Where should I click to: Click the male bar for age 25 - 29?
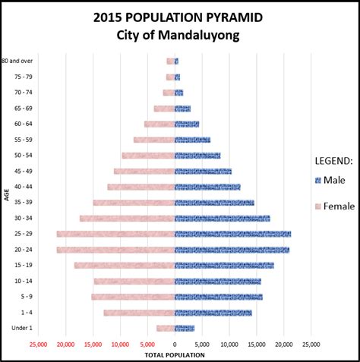tap(232, 234)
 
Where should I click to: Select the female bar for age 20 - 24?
tap(115, 250)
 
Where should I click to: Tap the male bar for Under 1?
tap(185, 328)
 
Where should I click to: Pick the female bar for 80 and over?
tap(171, 61)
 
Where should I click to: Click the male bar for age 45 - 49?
tap(203, 172)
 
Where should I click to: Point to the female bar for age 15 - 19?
tap(125, 265)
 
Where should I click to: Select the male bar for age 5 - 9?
tap(219, 297)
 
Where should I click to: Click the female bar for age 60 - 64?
tap(159, 124)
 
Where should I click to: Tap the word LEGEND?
tap(333, 160)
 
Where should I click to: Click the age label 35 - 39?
tap(22, 203)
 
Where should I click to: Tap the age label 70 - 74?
tap(22, 93)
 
